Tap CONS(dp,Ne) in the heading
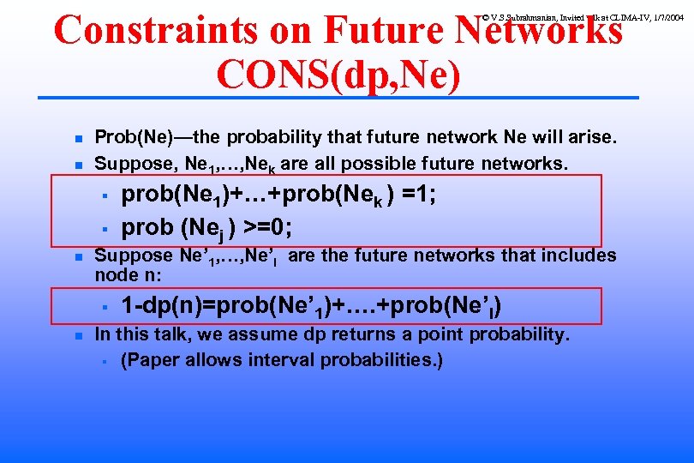[x=339, y=75]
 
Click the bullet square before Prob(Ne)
[x=76, y=138]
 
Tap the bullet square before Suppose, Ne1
[x=76, y=164]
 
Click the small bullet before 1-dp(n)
[x=102, y=306]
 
